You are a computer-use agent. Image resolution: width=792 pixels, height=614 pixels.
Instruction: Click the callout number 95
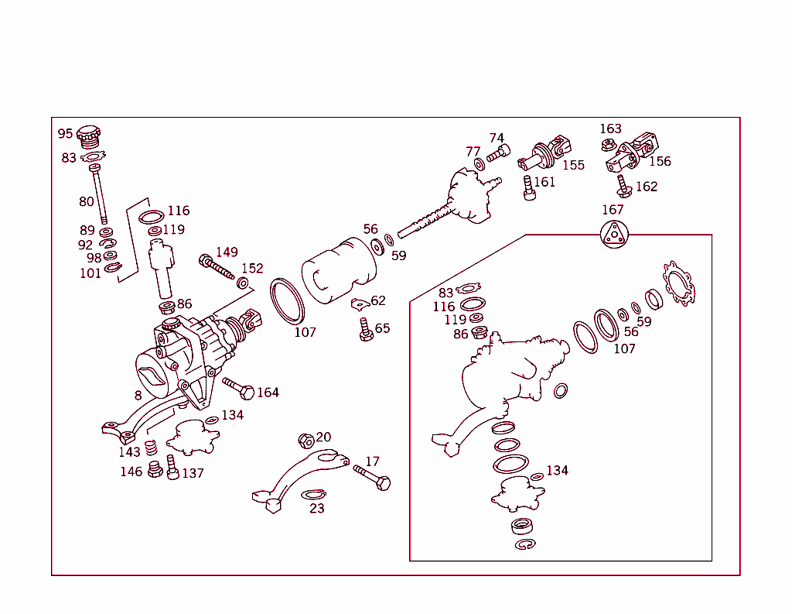pyautogui.click(x=65, y=134)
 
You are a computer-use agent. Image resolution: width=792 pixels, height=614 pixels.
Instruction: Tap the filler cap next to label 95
pyautogui.click(x=90, y=137)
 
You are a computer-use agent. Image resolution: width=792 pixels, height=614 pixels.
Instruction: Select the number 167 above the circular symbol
pyautogui.click(x=613, y=210)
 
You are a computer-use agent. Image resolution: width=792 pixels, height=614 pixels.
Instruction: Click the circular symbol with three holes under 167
pyautogui.click(x=615, y=234)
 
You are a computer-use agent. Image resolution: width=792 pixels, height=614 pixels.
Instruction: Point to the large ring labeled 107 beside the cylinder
pyautogui.click(x=288, y=301)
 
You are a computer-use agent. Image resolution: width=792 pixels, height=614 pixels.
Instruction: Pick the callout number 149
pyautogui.click(x=227, y=252)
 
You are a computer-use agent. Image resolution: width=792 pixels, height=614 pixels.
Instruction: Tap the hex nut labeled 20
pyautogui.click(x=306, y=441)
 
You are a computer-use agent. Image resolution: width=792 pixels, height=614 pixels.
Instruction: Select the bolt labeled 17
pyautogui.click(x=373, y=477)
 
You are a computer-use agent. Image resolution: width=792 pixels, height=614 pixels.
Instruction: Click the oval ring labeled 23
pyautogui.click(x=312, y=494)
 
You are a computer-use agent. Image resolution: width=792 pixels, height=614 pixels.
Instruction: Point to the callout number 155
pyautogui.click(x=573, y=165)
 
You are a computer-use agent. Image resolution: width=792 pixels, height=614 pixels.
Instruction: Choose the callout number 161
pyautogui.click(x=544, y=182)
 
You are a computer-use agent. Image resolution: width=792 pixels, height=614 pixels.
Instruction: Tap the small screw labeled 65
pyautogui.click(x=363, y=330)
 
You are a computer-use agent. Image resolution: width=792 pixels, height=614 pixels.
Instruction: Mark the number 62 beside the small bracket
pyautogui.click(x=377, y=300)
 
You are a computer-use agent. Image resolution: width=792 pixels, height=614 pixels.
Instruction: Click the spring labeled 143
pyautogui.click(x=152, y=448)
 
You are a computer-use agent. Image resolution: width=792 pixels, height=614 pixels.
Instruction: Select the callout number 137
pyautogui.click(x=193, y=473)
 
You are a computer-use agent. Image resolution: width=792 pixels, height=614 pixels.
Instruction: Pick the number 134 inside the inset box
pyautogui.click(x=557, y=470)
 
